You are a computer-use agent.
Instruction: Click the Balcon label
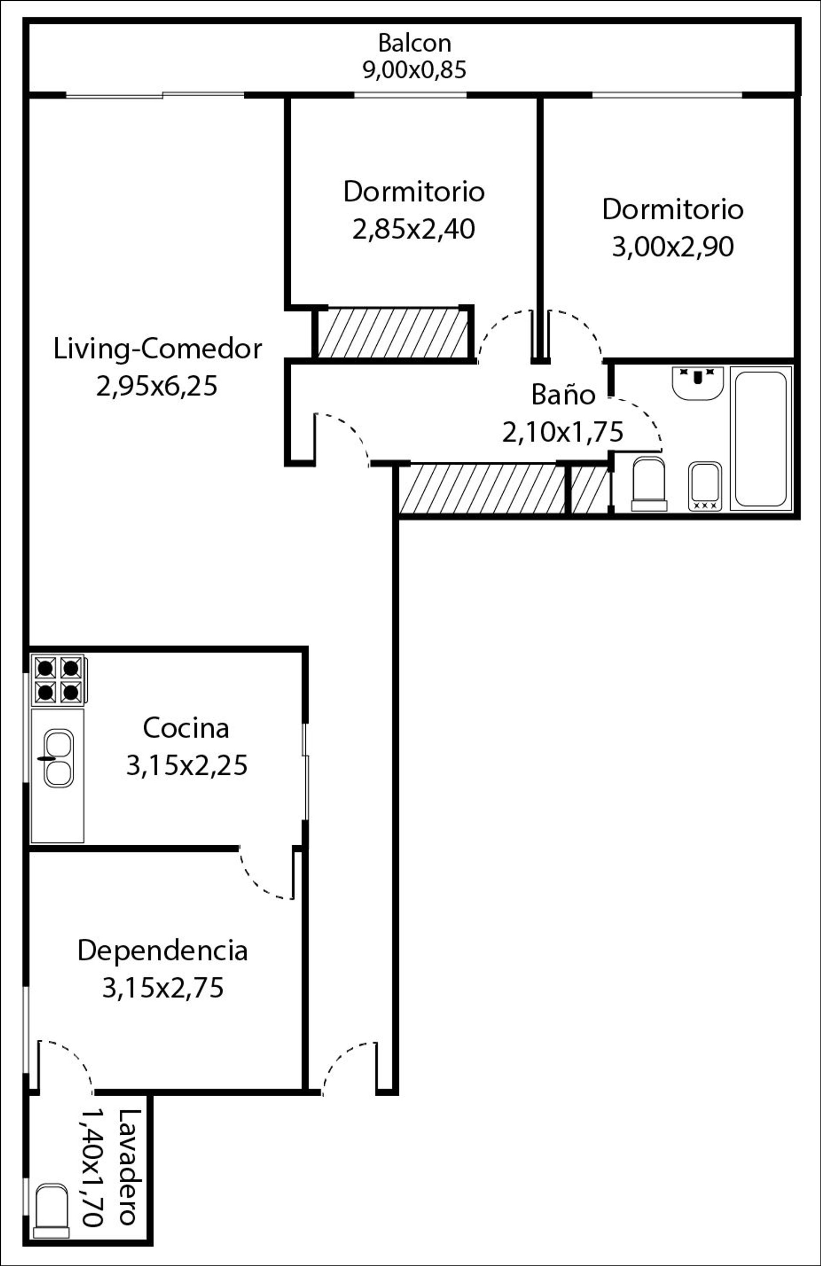point(414,43)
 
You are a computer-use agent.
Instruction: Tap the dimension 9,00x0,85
point(414,70)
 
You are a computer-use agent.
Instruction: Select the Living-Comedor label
point(157,349)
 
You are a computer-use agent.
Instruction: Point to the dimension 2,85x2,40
point(413,230)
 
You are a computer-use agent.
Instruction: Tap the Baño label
point(563,395)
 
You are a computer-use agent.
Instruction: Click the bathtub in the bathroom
point(760,438)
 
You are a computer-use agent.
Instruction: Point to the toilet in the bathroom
point(649,485)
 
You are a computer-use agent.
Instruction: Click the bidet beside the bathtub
point(705,486)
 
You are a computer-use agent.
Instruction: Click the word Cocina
point(186,728)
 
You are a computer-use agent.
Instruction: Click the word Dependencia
point(163,950)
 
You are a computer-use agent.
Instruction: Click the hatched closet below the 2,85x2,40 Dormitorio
point(393,333)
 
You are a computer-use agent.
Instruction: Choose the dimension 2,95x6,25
point(157,387)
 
